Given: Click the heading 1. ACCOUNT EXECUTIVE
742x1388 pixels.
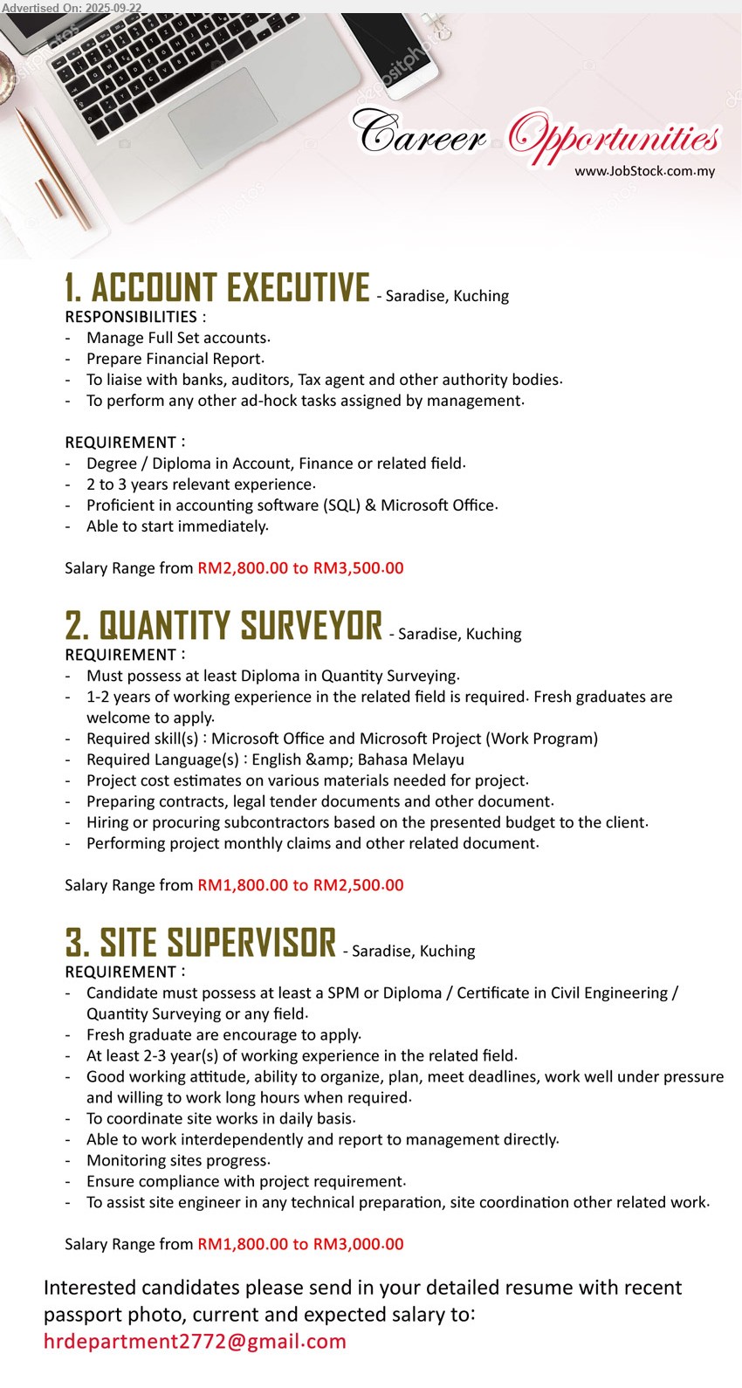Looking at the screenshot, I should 217,288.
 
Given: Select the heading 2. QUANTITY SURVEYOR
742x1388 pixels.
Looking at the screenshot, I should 223,626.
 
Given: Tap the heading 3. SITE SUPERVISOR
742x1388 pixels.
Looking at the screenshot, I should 201,943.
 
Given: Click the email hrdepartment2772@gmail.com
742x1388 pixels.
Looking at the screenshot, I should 195,1342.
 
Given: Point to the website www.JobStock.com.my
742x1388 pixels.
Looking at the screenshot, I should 644,171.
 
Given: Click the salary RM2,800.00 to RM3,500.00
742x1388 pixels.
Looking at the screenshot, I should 300,568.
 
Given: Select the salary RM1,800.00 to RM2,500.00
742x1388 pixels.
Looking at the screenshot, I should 300,885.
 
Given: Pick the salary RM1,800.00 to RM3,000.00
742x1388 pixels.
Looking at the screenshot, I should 300,1244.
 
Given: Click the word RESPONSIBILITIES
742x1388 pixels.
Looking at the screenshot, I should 131,317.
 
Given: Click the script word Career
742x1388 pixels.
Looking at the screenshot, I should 419,134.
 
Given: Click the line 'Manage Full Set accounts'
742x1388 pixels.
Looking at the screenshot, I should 177,338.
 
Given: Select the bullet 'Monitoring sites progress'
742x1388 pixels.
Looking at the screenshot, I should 177,1160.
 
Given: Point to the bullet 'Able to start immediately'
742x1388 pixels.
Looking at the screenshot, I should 176,526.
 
